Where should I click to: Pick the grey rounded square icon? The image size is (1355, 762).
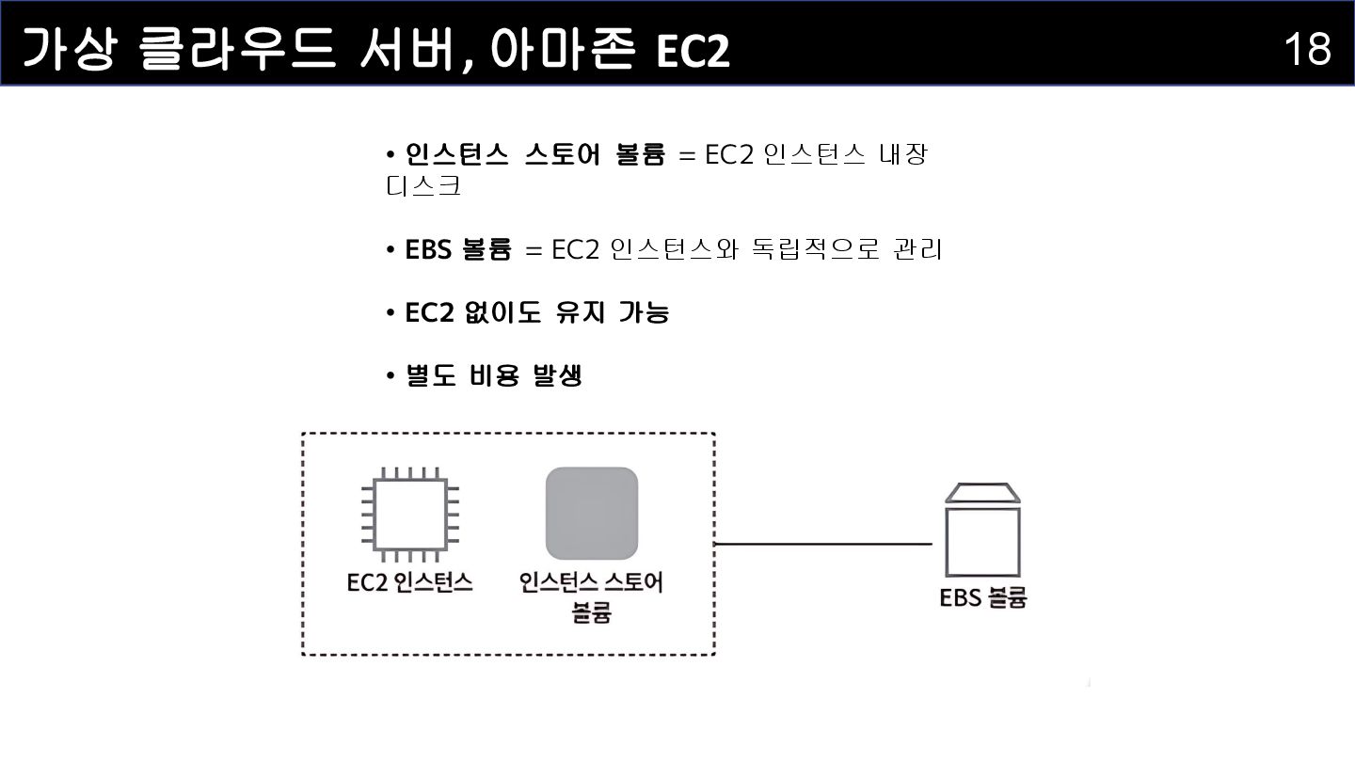click(x=592, y=514)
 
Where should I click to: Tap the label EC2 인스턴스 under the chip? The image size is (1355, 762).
click(x=410, y=583)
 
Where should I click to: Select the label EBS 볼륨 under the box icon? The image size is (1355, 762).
click(x=982, y=598)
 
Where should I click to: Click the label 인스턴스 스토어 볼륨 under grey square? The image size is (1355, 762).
click(x=591, y=596)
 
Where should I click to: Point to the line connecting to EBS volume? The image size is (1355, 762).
click(x=823, y=544)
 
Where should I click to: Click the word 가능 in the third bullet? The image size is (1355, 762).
click(x=644, y=312)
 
